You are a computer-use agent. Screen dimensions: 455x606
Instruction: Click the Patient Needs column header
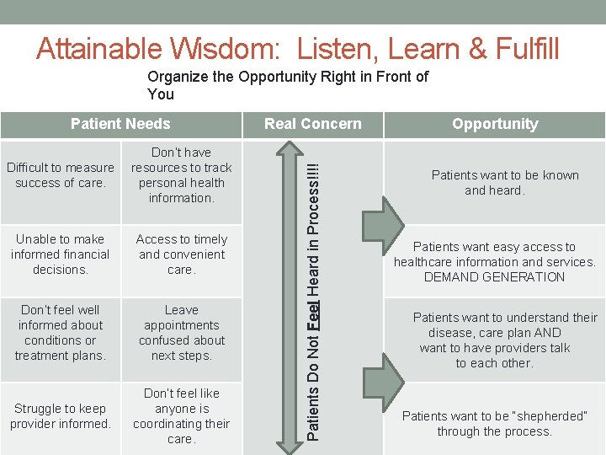pos(120,124)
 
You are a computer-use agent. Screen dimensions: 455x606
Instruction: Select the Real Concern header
pos(312,124)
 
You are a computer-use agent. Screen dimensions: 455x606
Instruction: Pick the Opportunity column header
pos(494,124)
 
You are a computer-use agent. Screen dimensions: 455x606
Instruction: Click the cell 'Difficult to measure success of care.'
pos(61,175)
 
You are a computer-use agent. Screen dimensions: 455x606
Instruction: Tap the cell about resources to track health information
pos(182,175)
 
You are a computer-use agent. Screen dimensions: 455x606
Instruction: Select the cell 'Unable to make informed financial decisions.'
pos(61,254)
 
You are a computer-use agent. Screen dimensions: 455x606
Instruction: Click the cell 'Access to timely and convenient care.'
pos(182,254)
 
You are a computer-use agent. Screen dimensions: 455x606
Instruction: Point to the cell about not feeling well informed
pos(61,333)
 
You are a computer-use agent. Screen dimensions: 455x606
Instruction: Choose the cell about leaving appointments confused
pos(182,333)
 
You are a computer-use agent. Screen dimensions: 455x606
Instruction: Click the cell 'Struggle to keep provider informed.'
pos(61,416)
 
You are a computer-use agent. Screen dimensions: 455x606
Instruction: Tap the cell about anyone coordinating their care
pos(182,416)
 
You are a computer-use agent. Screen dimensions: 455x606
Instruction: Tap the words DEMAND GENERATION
pos(494,277)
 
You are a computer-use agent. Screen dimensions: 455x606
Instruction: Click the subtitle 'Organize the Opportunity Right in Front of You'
pos(288,85)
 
